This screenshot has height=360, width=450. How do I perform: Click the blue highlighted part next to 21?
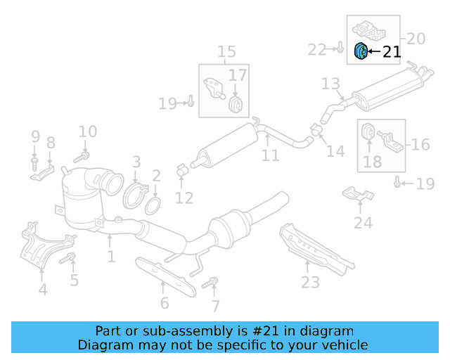(361, 51)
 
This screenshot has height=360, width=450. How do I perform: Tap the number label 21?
(392, 51)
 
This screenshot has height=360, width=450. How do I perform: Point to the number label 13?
(330, 84)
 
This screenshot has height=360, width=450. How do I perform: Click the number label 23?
(310, 282)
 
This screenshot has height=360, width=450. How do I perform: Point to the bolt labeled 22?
(340, 49)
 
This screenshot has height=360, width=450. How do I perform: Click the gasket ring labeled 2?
(152, 206)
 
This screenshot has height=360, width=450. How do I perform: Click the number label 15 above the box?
(226, 51)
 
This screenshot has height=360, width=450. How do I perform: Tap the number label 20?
(416, 39)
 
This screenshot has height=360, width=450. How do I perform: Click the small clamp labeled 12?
(181, 169)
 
